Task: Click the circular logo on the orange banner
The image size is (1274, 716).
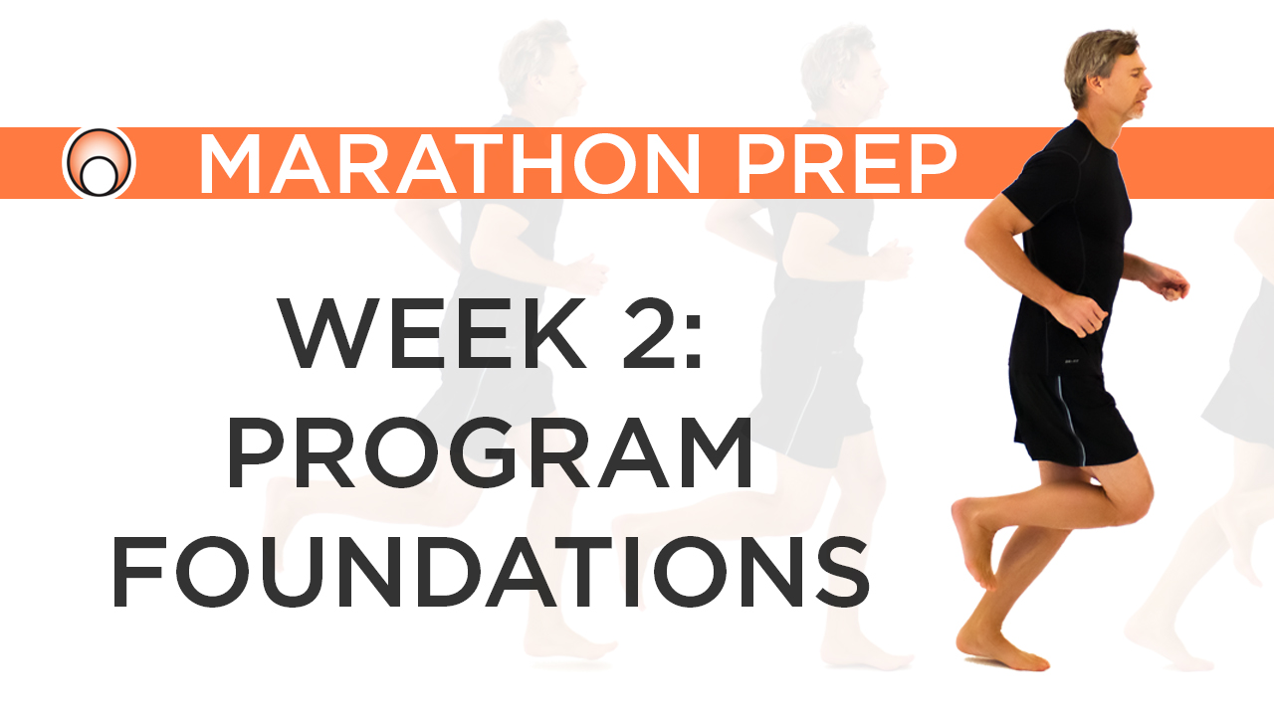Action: (99, 163)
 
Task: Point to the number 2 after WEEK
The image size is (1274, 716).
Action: (641, 333)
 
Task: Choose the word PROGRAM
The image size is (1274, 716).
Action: (490, 453)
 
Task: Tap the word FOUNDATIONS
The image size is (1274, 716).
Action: (490, 574)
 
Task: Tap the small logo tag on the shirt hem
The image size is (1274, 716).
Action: (1071, 364)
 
